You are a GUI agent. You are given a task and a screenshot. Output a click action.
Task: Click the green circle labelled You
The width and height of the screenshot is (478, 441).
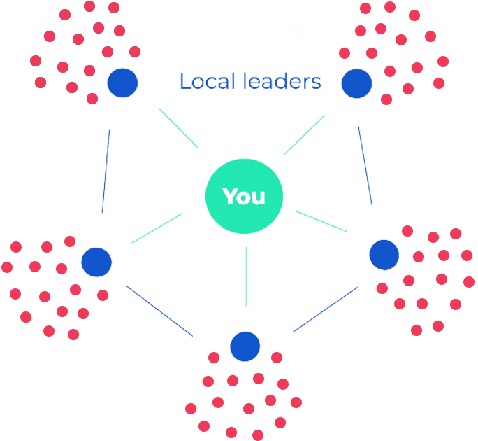(245, 197)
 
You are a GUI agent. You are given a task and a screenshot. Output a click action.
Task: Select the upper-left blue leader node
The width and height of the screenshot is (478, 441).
(122, 83)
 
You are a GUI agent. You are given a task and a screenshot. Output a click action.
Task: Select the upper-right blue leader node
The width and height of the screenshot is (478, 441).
(356, 83)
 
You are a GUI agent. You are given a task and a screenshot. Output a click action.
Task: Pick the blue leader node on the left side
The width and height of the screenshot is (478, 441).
(96, 261)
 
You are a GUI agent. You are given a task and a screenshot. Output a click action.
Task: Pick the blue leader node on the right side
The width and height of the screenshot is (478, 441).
(384, 255)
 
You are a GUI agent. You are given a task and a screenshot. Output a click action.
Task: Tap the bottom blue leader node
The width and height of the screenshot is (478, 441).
(245, 346)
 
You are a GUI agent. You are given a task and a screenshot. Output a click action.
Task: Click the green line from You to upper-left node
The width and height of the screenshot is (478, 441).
(178, 127)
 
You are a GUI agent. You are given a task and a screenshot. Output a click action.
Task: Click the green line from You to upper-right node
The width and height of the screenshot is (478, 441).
(305, 134)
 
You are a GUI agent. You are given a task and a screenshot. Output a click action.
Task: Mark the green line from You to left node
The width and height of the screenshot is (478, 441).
(157, 228)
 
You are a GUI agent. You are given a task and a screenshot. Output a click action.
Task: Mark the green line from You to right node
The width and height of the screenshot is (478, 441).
(321, 220)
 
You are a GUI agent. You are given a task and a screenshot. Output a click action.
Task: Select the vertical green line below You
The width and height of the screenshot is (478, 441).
(246, 276)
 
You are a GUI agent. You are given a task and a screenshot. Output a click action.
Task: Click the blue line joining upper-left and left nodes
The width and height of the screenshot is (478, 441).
(106, 170)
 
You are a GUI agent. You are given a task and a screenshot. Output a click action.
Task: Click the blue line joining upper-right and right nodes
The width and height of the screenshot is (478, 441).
(365, 166)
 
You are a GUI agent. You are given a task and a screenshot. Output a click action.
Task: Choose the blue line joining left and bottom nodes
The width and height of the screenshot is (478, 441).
(159, 310)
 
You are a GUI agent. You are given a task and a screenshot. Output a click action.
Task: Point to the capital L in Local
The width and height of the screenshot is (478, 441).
(184, 82)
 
